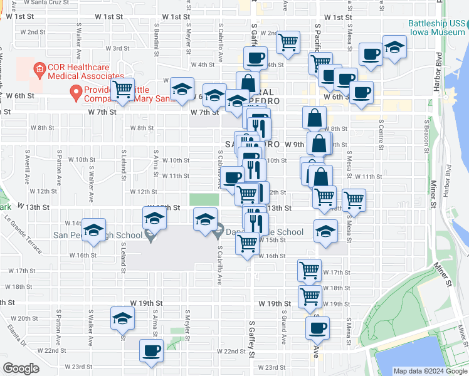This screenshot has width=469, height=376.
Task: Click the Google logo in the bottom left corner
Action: click(x=21, y=368)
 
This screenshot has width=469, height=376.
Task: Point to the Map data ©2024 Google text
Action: click(x=430, y=371)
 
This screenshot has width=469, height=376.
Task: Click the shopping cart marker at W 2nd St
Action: click(x=288, y=43)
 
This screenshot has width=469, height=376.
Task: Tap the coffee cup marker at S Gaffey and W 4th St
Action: click(x=255, y=58)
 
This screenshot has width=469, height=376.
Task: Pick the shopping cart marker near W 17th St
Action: click(x=309, y=270)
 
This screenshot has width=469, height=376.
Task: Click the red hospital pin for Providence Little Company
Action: click(x=76, y=93)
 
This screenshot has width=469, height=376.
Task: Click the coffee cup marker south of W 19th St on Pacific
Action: click(x=317, y=327)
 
